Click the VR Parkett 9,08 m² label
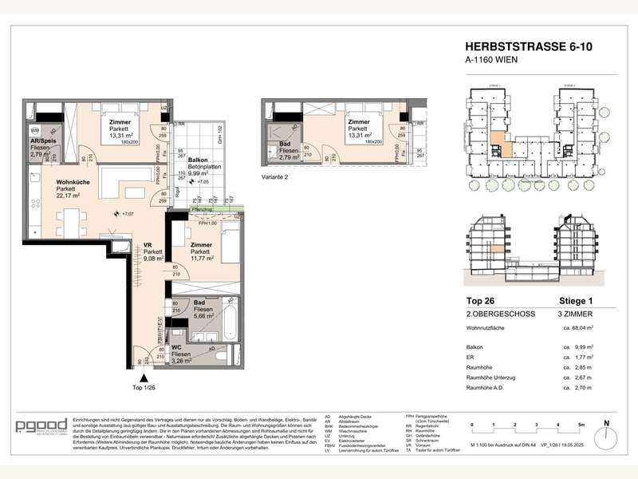click(154, 252)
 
